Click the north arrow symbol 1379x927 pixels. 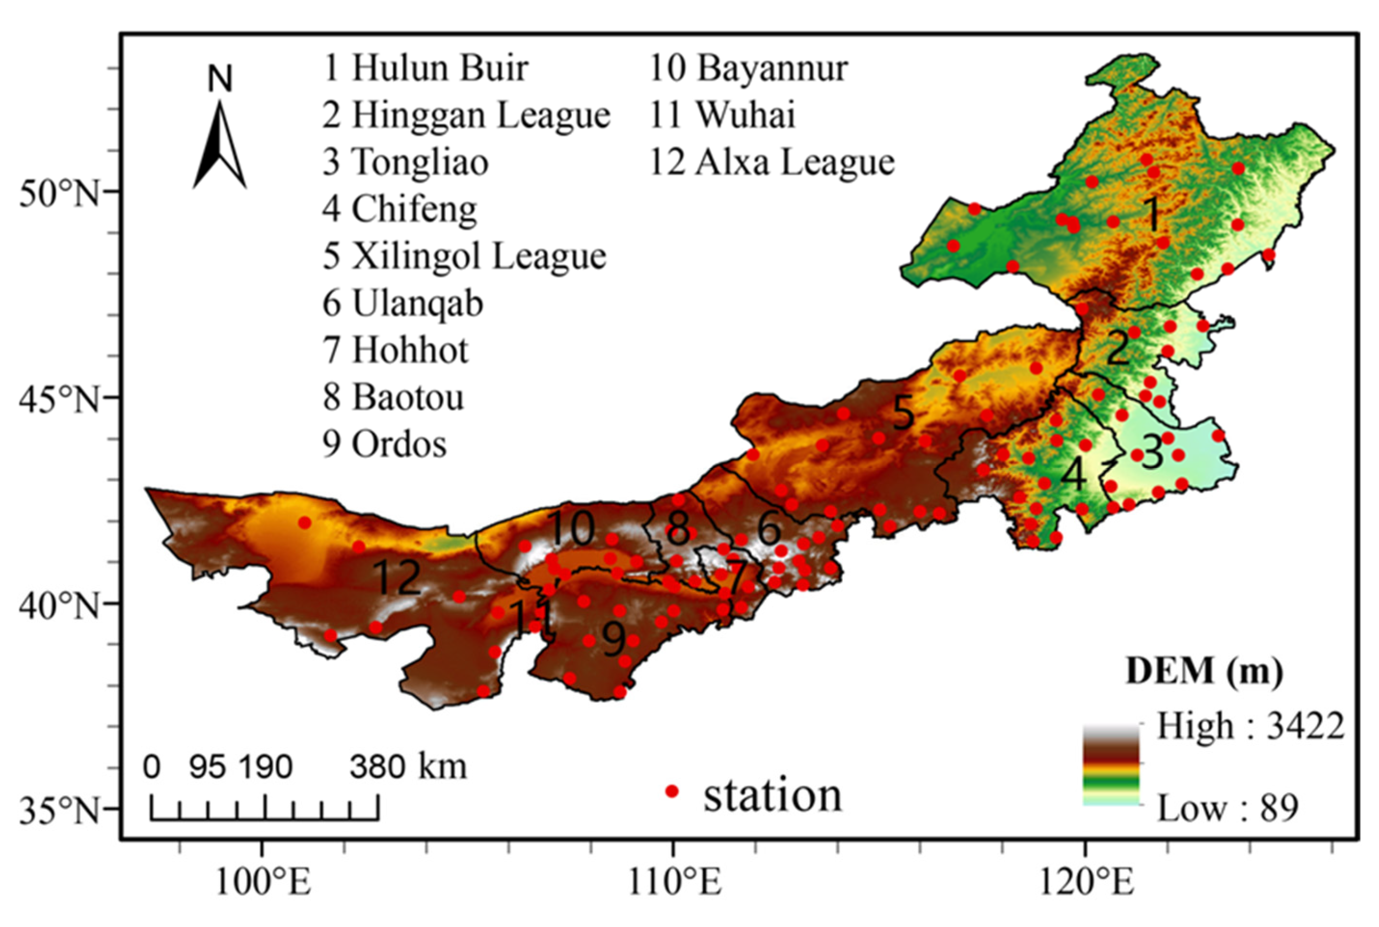coord(220,145)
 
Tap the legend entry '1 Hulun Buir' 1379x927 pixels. coord(426,68)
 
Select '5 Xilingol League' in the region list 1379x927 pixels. coord(464,257)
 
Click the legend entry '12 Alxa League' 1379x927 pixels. coord(772,162)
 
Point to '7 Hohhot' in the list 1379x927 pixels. coord(395,350)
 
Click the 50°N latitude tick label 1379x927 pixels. coord(59,193)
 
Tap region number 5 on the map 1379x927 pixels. coord(903,413)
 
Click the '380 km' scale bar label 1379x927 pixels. coord(408,767)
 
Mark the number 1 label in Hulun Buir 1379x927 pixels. coord(1152,214)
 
